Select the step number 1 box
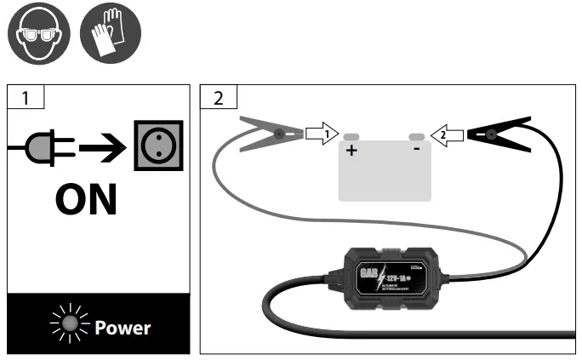click(26, 97)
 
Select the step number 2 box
click(218, 97)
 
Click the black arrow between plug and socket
click(101, 151)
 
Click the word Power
click(123, 327)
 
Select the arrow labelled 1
click(322, 134)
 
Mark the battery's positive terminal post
click(351, 136)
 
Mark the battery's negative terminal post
click(416, 136)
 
